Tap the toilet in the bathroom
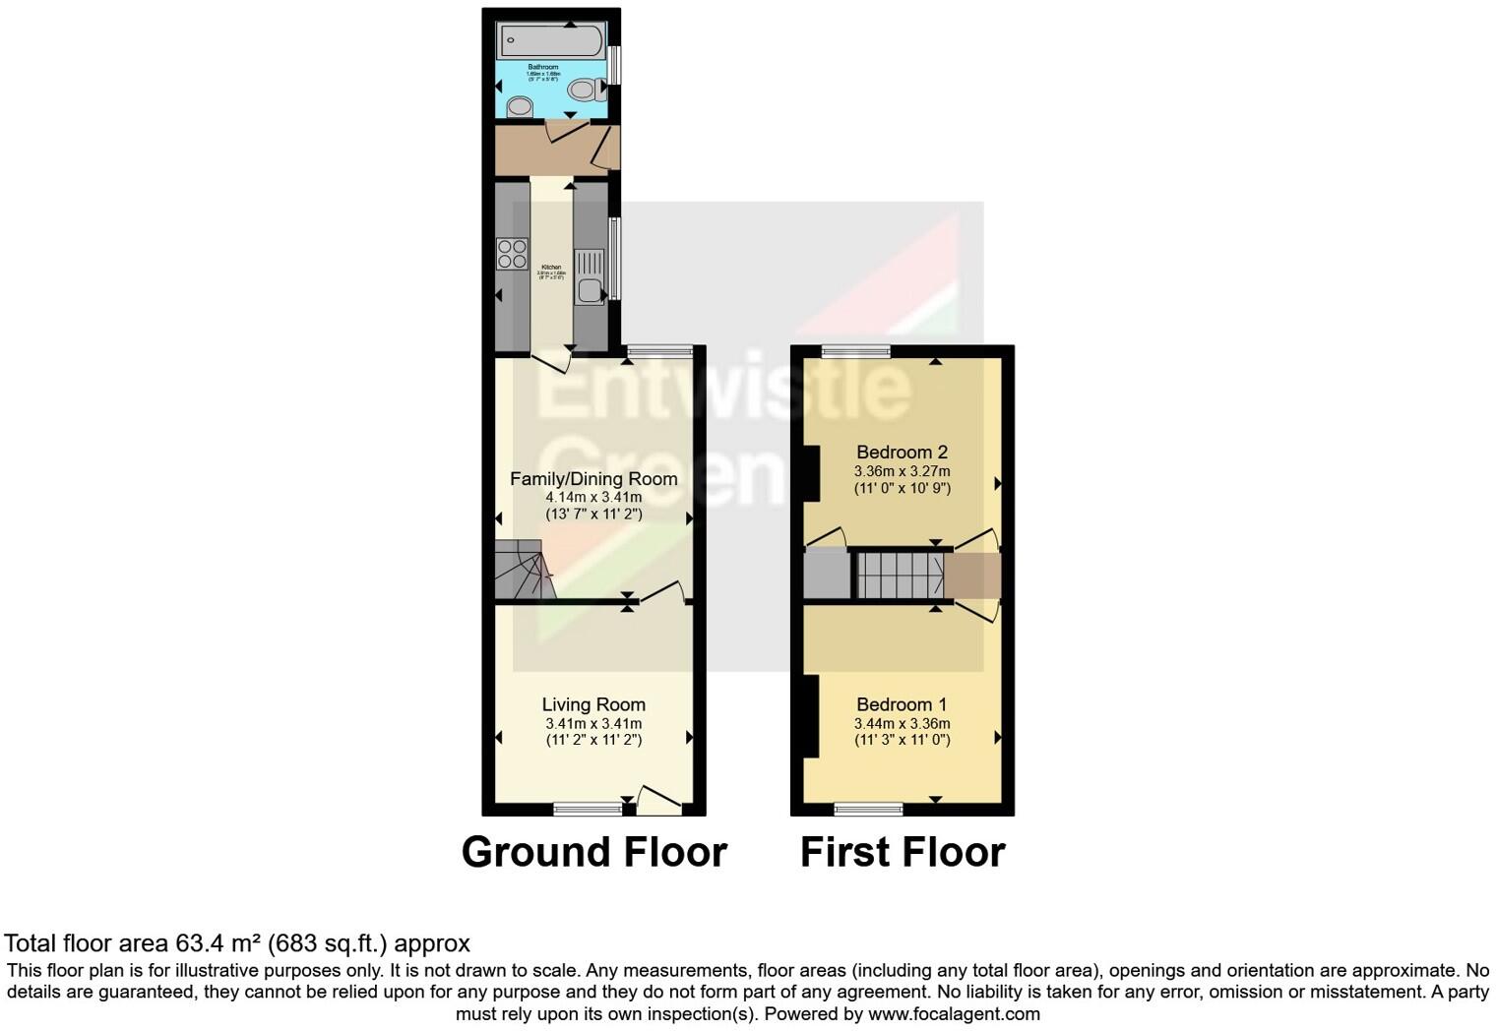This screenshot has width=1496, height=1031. point(586,91)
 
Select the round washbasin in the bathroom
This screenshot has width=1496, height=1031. point(519,105)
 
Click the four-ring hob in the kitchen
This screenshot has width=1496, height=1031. point(512,254)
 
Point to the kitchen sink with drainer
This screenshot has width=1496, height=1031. point(590,276)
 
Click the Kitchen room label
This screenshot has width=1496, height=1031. point(551,268)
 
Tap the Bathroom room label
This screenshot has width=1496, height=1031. point(542,68)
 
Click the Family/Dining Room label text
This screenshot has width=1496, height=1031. point(593,479)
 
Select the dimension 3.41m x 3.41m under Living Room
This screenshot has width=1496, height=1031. point(593,723)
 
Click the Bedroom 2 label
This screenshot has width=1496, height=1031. point(902,453)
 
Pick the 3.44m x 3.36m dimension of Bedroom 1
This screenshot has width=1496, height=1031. point(902,723)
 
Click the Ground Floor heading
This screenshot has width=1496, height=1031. point(593,852)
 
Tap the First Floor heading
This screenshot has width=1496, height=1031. point(902,852)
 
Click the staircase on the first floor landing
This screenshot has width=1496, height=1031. point(899,576)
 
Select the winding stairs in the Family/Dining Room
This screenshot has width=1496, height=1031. point(523,572)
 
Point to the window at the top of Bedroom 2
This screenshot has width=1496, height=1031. point(856,351)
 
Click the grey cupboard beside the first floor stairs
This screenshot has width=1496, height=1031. point(826,576)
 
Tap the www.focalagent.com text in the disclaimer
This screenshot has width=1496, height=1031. point(954,1013)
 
